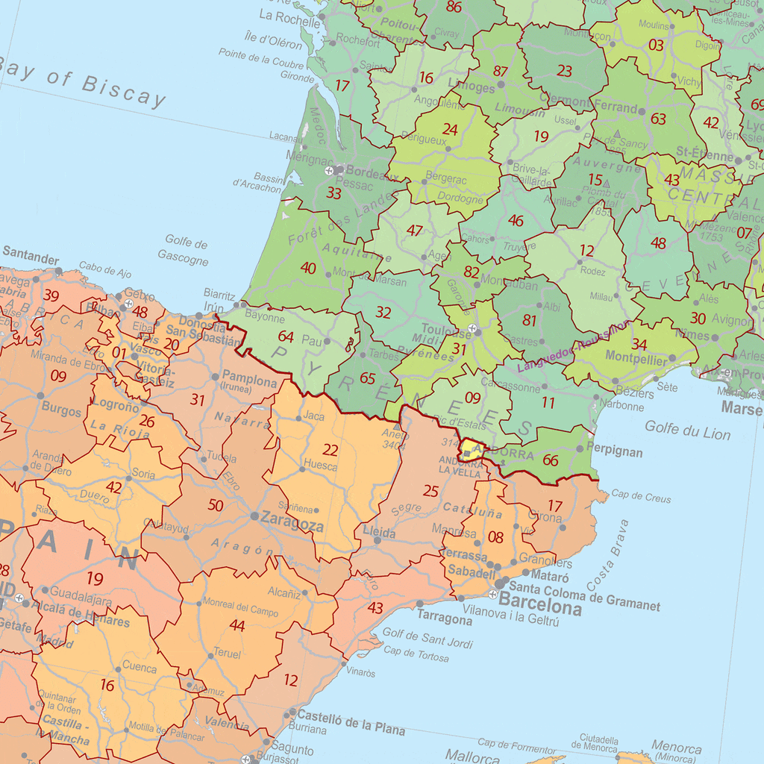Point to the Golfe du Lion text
pyautogui.click(x=687, y=430)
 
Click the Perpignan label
pyautogui.click(x=615, y=451)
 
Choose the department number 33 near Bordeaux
pyautogui.click(x=334, y=193)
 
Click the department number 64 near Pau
pyautogui.click(x=286, y=336)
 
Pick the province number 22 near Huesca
pyautogui.click(x=330, y=450)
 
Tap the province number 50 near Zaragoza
pyautogui.click(x=216, y=505)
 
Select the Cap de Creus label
pyautogui.click(x=641, y=498)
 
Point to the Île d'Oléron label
pyautogui.click(x=273, y=40)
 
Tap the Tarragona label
pyautogui.click(x=445, y=619)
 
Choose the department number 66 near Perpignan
pyautogui.click(x=551, y=460)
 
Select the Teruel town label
pyautogui.click(x=228, y=654)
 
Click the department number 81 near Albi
pyautogui.click(x=530, y=320)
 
